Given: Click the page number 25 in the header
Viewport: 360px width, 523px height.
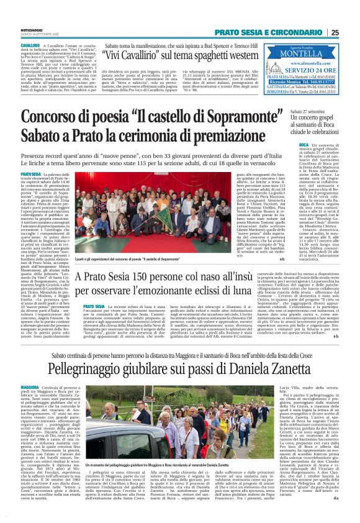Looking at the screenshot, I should [352, 32].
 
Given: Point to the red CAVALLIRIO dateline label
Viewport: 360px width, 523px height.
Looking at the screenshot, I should [31, 47].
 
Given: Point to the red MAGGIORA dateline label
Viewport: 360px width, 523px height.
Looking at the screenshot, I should [29, 386].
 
